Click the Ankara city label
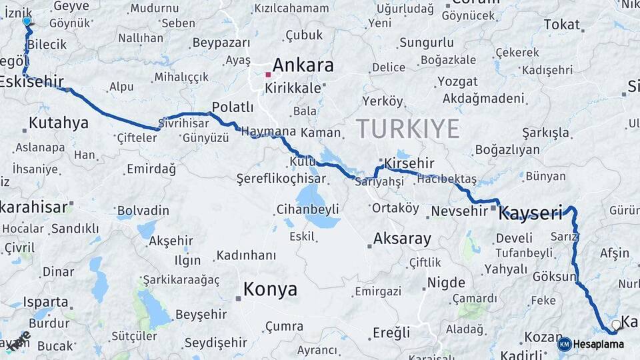pyautogui.click(x=303, y=65)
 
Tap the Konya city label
pyautogui.click(x=270, y=289)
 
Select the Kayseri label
pyautogui.click(x=531, y=213)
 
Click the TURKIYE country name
pyautogui.click(x=407, y=128)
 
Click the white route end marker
pyautogui.click(x=617, y=325)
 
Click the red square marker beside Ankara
pyautogui.click(x=268, y=75)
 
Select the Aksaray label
pyautogui.click(x=402, y=239)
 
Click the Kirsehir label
pyautogui.click(x=409, y=163)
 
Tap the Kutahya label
pyautogui.click(x=59, y=123)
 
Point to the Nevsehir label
pyautogui.click(x=459, y=211)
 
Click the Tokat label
pyautogui.click(x=561, y=25)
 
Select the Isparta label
pyautogui.click(x=46, y=302)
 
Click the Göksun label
pyautogui.click(x=554, y=277)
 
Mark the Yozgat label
pyautogui.click(x=457, y=82)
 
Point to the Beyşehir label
pyautogui.click(x=201, y=315)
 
